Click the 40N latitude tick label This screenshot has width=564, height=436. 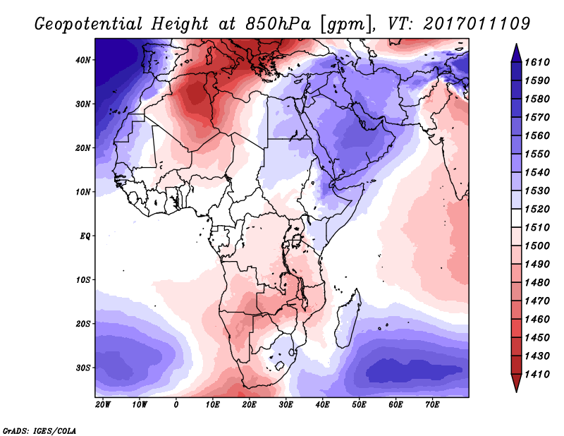[84, 60]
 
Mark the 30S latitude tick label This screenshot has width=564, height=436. [84, 368]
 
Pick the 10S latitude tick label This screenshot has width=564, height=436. [84, 280]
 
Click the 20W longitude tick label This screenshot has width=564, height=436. [103, 405]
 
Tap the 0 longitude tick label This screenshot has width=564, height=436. [176, 405]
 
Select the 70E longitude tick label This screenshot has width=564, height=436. [432, 405]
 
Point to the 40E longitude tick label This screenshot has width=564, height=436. [322, 405]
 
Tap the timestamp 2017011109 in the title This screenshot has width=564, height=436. [477, 23]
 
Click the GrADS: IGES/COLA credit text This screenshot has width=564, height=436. [39, 429]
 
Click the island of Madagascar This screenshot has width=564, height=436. [348, 317]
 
